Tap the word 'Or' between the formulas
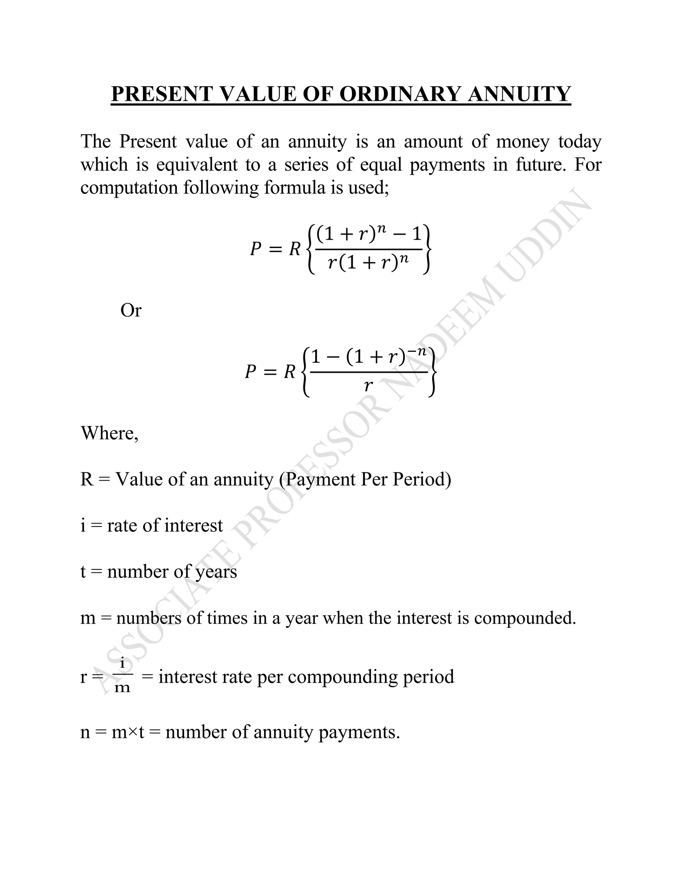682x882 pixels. [x=131, y=311]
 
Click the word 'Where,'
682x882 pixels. [x=110, y=433]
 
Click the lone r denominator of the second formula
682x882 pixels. [x=368, y=386]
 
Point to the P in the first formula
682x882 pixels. [x=255, y=249]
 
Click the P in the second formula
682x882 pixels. [x=250, y=371]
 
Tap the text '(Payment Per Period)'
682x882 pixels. [x=365, y=479]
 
